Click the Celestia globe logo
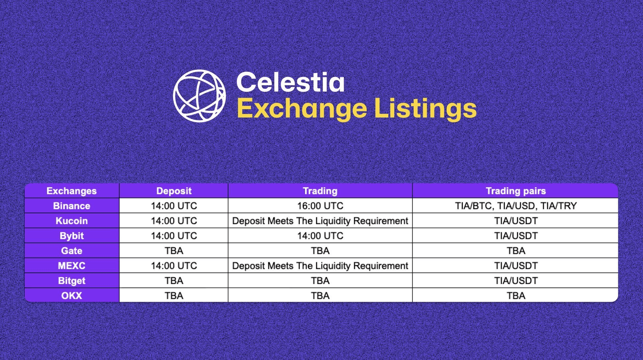click(x=199, y=96)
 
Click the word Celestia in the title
click(x=290, y=82)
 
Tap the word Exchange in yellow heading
click(x=302, y=109)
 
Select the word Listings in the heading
click(x=425, y=109)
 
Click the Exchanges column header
click(x=71, y=191)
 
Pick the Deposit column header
click(x=174, y=191)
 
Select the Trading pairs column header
click(x=516, y=191)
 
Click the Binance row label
click(x=71, y=206)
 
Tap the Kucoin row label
click(x=71, y=221)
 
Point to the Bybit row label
click(x=71, y=236)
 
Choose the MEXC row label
click(x=71, y=266)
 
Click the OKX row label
click(x=71, y=296)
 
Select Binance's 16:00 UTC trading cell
click(x=320, y=206)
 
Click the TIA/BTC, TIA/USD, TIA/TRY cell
click(x=516, y=206)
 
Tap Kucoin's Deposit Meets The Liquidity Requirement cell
click(x=320, y=221)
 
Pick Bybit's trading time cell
click(x=320, y=236)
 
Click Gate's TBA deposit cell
click(x=174, y=251)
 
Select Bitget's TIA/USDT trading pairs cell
click(x=516, y=281)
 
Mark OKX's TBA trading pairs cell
click(x=516, y=296)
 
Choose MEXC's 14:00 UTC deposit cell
click(x=174, y=266)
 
